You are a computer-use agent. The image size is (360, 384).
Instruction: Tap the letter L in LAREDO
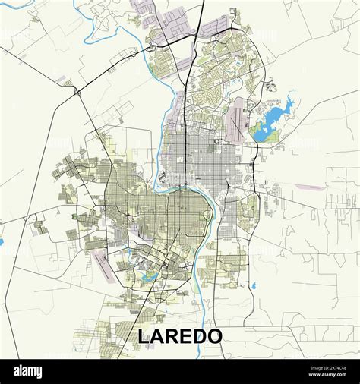tap(144, 336)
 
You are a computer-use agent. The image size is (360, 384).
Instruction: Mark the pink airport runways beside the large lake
tap(242, 114)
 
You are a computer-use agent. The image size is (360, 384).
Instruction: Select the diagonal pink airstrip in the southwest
tap(101, 262)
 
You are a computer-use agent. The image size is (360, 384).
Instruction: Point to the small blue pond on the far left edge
tap(2, 242)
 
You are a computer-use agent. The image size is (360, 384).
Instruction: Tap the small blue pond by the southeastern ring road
tap(253, 286)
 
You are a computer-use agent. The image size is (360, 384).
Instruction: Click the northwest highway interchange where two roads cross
tap(77, 92)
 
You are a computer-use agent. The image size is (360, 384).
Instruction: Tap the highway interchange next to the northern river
tap(134, 54)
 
